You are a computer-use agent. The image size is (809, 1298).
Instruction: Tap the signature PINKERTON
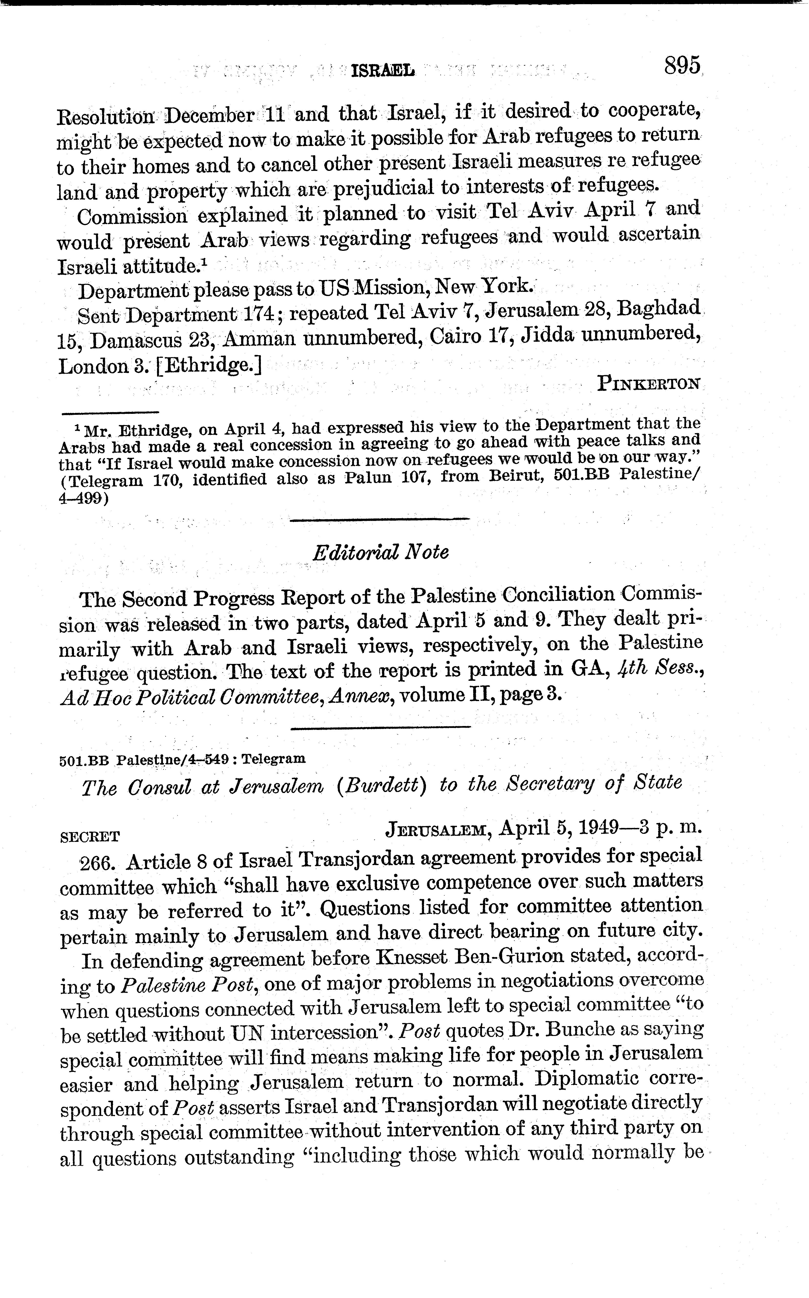point(649,383)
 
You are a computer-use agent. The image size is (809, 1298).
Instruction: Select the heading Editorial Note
point(380,552)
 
